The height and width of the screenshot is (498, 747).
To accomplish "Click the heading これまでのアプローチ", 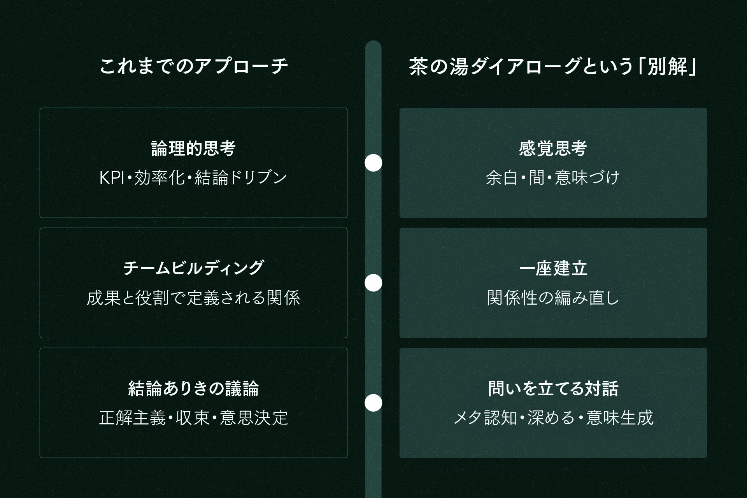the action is coord(193,67).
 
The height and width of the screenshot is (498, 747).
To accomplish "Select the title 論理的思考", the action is coord(193,149).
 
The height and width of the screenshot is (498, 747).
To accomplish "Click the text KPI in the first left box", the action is coord(111,178).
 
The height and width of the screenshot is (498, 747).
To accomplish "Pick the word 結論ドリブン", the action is coord(240,178).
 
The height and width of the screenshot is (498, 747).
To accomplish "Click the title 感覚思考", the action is coord(553,149).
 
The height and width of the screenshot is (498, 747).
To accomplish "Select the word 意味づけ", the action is coord(587,178).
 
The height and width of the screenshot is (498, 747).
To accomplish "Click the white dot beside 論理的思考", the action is coord(373,163).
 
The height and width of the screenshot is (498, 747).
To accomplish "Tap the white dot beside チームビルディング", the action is coord(373,283).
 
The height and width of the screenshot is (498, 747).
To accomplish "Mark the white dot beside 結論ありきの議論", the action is coord(373,403).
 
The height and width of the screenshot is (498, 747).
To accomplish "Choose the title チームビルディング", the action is coord(193,268).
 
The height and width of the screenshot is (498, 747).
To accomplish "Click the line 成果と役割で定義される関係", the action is coord(193,298).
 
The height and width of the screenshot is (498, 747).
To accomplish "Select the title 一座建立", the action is coord(553,268).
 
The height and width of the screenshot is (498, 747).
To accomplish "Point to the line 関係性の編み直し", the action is coord(553,298).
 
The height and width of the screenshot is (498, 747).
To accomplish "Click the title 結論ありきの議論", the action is coord(193,389).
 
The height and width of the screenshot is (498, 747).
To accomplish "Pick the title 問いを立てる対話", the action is coord(553,389).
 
